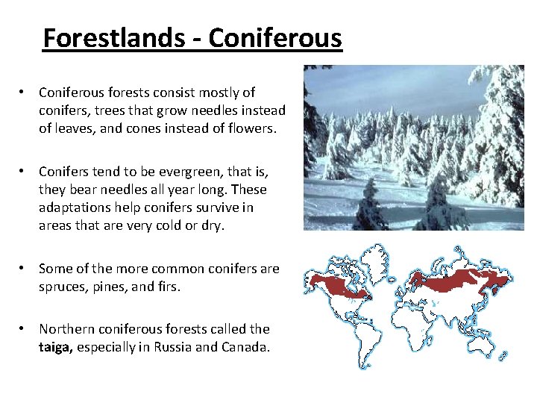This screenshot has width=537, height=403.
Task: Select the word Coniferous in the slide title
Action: click(275, 37)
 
